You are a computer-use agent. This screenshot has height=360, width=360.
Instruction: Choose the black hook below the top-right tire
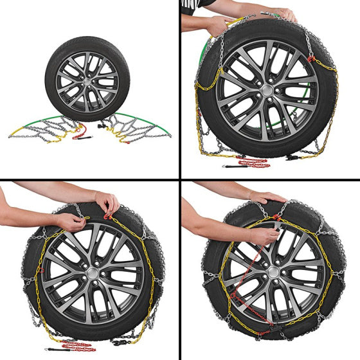click(x=292, y=156)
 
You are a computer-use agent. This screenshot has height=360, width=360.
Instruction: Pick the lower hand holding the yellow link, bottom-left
click(x=71, y=222)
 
